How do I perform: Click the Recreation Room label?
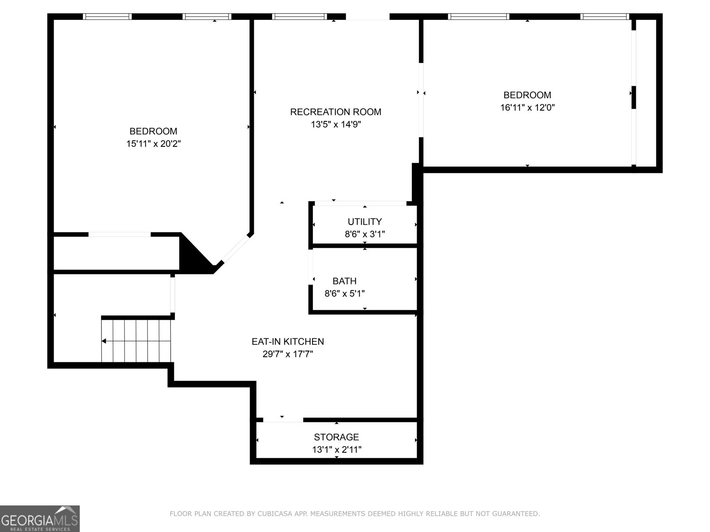tap(335, 112)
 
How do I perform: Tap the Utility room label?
tap(365, 222)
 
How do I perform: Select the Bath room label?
tap(344, 281)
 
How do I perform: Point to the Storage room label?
tap(336, 437)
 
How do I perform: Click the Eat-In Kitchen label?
tap(288, 341)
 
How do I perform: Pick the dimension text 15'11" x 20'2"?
tap(154, 144)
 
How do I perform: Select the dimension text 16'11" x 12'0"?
tap(527, 108)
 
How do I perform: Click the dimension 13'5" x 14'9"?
tap(336, 125)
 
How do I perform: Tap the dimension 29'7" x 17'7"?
tap(288, 354)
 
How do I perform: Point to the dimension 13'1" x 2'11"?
tap(336, 449)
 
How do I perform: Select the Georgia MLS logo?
tap(40, 519)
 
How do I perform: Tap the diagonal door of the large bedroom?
tap(236, 248)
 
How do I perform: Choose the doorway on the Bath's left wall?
tap(311, 267)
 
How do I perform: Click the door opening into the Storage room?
tap(283, 420)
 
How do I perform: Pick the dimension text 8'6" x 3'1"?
tap(365, 234)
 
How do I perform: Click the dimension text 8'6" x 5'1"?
tap(344, 293)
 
